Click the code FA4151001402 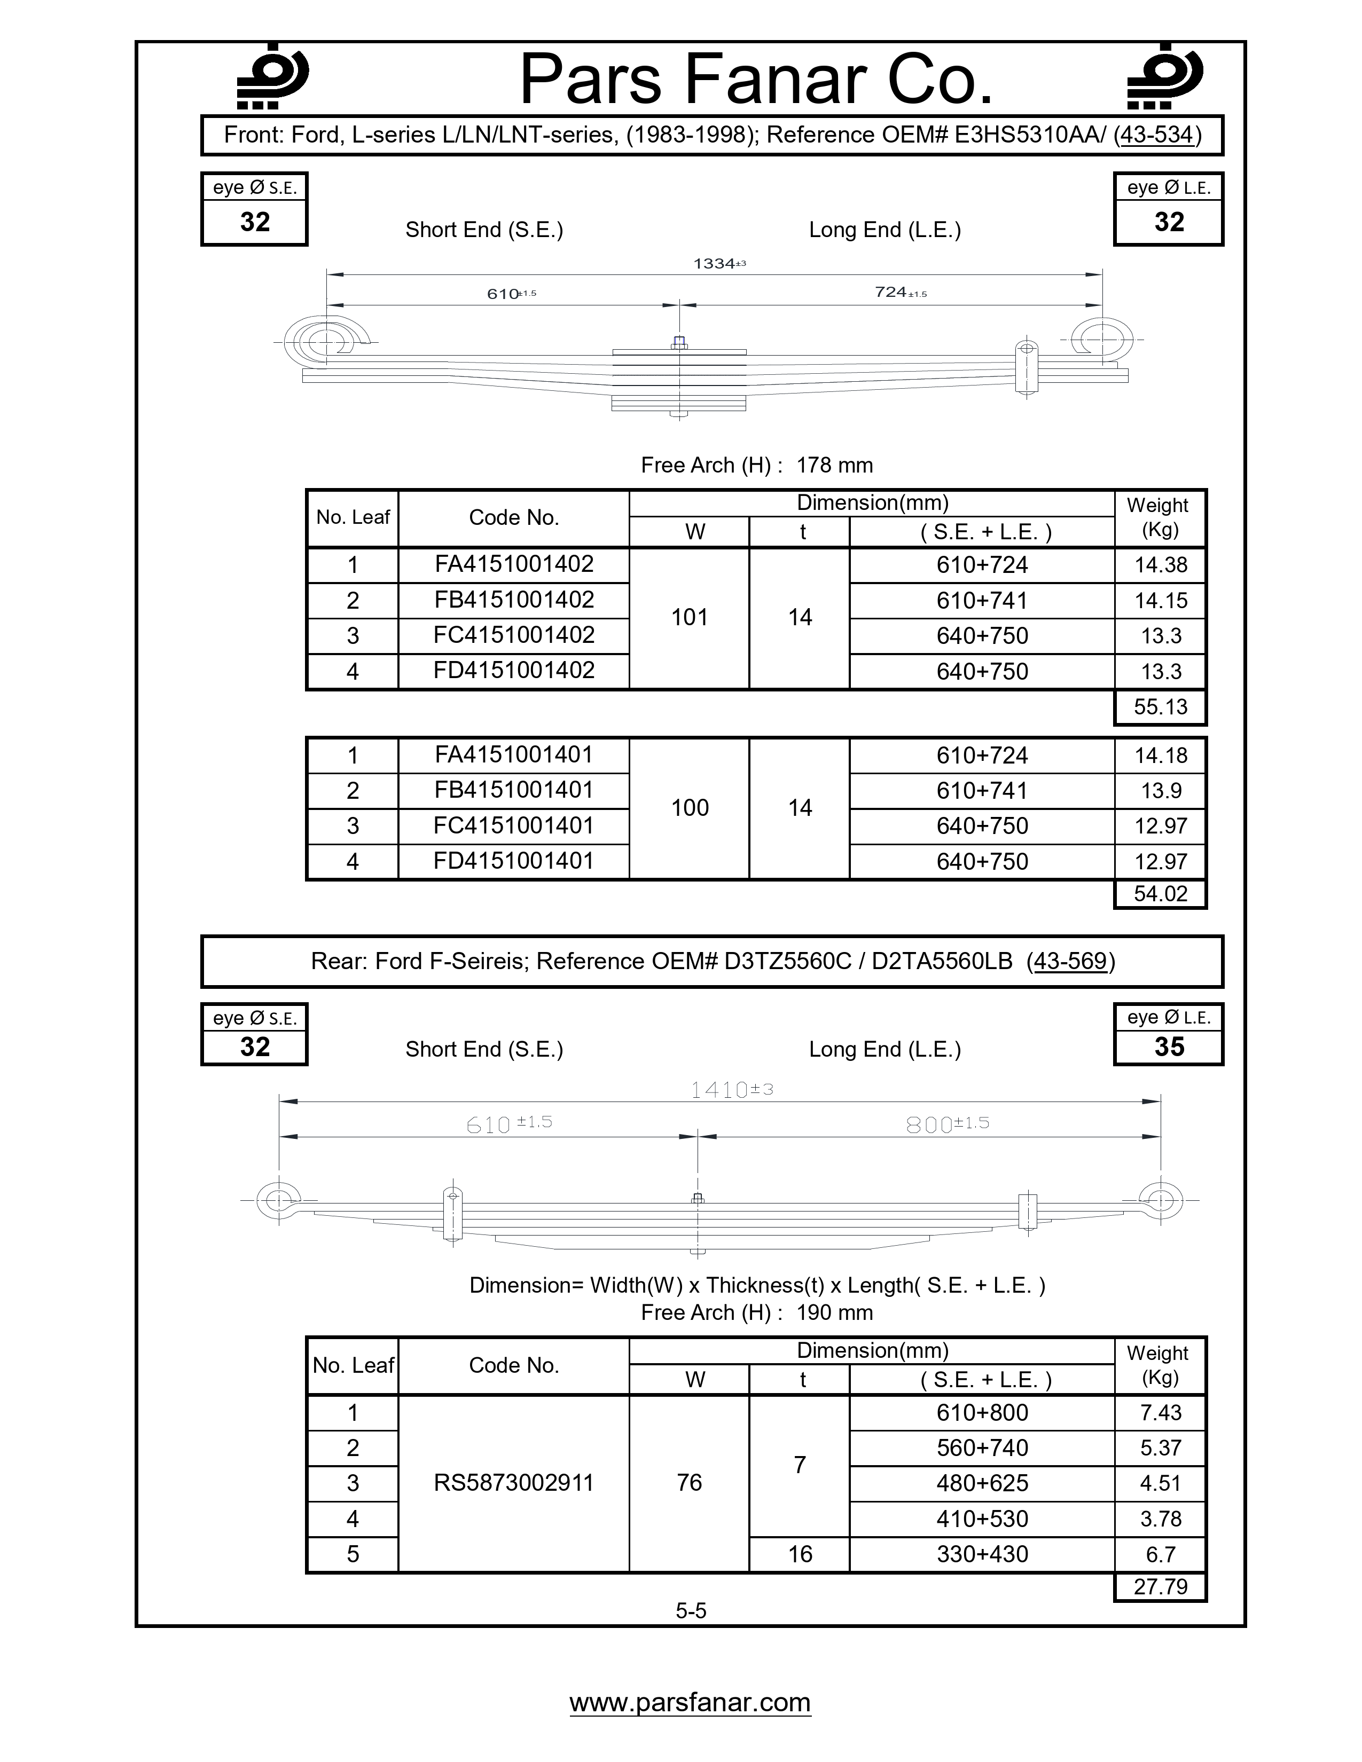pos(514,564)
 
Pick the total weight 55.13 pos(1160,707)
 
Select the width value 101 pos(690,617)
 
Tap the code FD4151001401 pos(514,861)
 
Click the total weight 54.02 pos(1160,893)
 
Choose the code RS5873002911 pos(514,1482)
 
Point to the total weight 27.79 pos(1160,1586)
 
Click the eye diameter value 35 pos(1168,1047)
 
